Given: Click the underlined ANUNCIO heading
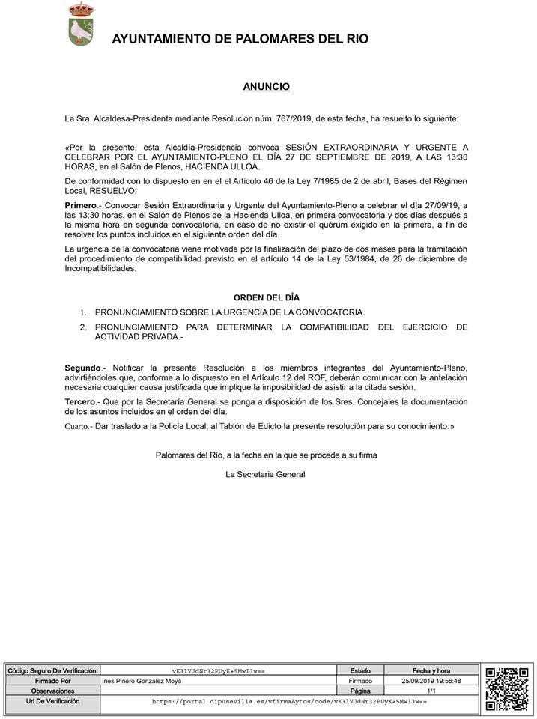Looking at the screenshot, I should click(x=266, y=87).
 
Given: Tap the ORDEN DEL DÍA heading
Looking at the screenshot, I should click(x=266, y=297).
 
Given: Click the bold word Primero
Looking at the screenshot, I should click(x=81, y=204).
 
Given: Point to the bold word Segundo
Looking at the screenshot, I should click(x=83, y=368).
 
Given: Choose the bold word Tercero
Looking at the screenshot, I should click(x=82, y=402).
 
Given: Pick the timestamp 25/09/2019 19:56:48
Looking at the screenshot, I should click(x=431, y=681).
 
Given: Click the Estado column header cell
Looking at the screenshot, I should click(x=359, y=670).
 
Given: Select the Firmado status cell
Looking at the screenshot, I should click(x=359, y=681).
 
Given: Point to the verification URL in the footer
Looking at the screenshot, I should click(x=288, y=703).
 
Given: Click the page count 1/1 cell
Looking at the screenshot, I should click(x=431, y=691).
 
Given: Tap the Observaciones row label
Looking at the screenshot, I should click(x=52, y=691).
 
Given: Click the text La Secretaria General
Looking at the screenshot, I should click(x=265, y=474).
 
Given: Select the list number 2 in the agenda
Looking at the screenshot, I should click(x=83, y=327).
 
